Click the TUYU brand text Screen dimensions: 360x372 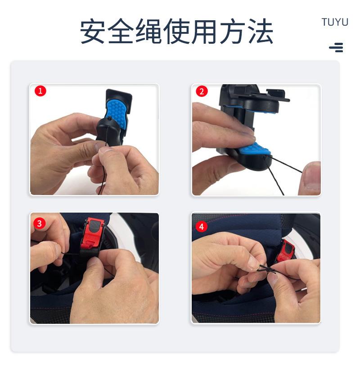tap(335, 22)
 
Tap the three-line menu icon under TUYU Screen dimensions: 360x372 tap(336, 47)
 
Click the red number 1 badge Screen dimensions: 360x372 tap(40, 91)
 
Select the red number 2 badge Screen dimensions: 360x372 tap(202, 91)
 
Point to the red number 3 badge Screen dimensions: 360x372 tap(39, 223)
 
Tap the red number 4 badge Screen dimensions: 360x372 tap(202, 227)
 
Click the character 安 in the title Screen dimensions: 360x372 tap(93, 31)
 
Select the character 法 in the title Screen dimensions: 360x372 tap(261, 31)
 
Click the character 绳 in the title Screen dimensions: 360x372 tap(148, 31)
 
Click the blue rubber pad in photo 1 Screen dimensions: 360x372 tap(117, 113)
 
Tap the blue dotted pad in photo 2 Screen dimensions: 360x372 tap(254, 150)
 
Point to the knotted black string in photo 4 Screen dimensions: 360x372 tap(267, 270)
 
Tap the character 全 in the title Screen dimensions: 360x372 tap(121, 31)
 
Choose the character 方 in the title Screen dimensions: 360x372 tap(233, 31)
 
